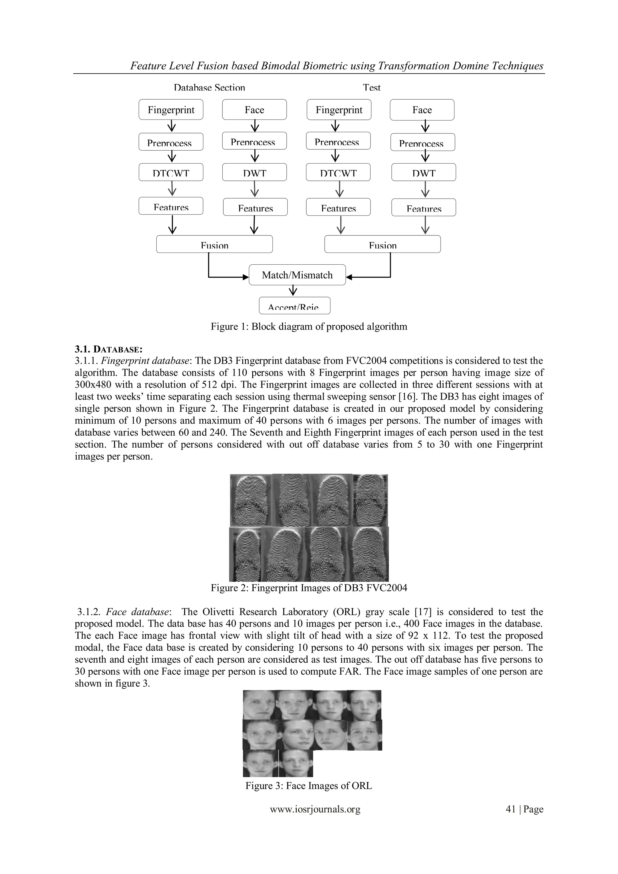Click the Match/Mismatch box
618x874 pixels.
(x=297, y=275)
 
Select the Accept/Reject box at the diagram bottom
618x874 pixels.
(x=295, y=306)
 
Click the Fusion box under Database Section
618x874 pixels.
(x=214, y=244)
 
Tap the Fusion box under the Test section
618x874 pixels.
(x=382, y=244)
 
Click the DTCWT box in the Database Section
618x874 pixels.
(x=171, y=172)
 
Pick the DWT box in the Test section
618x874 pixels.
(x=424, y=172)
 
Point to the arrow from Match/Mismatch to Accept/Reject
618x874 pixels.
(x=293, y=291)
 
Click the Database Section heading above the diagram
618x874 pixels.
(x=209, y=88)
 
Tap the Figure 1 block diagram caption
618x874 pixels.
(x=309, y=327)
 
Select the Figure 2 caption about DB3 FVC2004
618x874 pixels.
(x=309, y=588)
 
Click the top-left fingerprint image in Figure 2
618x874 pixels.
(x=251, y=500)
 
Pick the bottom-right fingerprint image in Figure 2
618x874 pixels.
(x=368, y=554)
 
